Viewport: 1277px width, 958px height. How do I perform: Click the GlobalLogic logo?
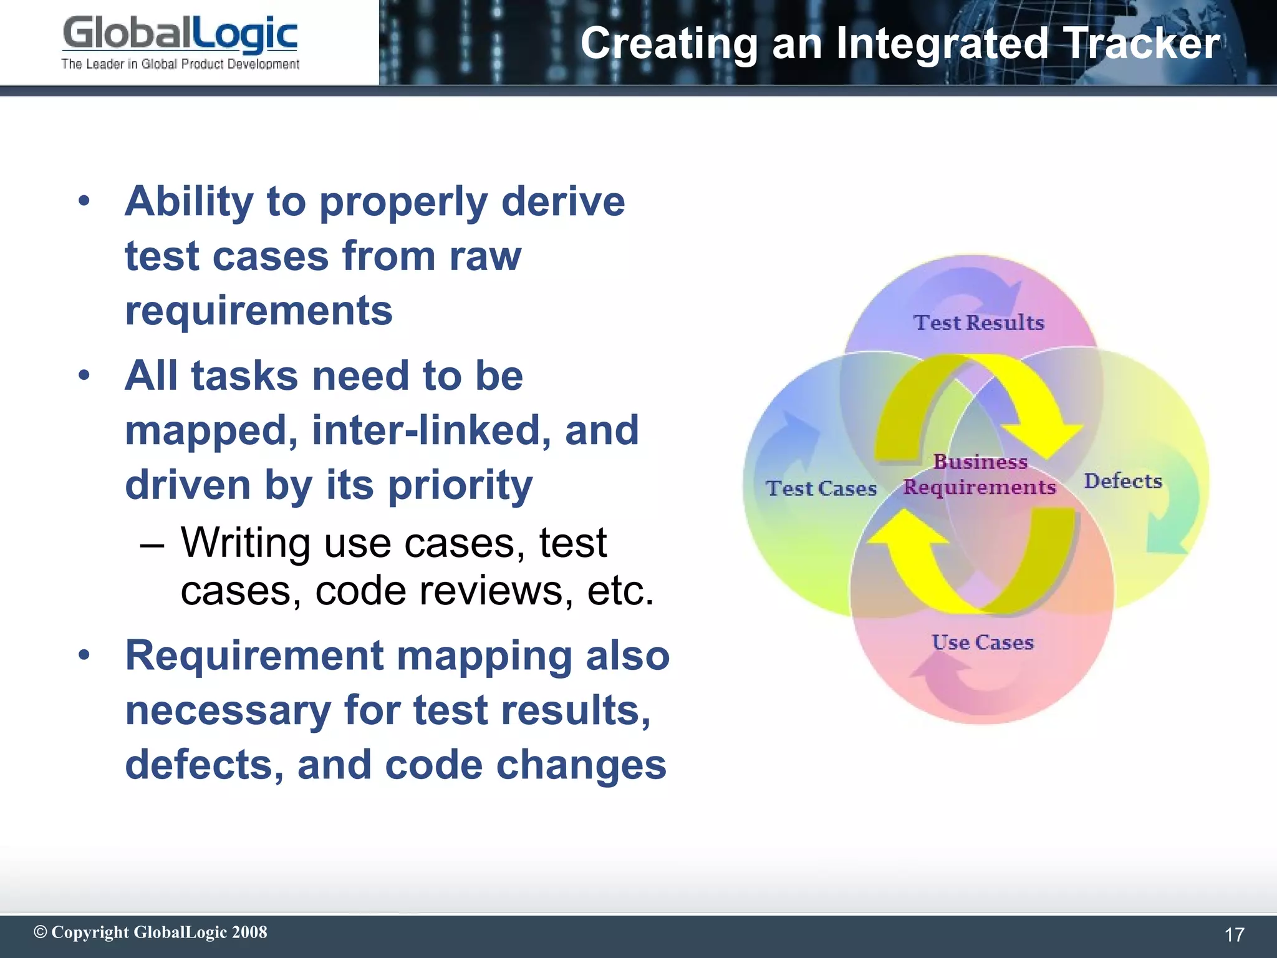click(x=180, y=35)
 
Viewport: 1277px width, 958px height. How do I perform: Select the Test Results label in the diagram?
click(x=978, y=322)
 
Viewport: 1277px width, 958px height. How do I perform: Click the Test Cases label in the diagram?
click(x=821, y=488)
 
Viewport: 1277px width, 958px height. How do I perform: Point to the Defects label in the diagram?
click(x=1123, y=481)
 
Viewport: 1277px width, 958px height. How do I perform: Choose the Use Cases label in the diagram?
click(x=983, y=642)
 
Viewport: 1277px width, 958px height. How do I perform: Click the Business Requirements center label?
click(x=980, y=475)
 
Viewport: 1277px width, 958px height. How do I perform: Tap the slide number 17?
click(x=1234, y=934)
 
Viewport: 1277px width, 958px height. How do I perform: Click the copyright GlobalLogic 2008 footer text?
click(x=150, y=932)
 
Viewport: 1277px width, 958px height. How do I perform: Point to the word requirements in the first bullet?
click(x=259, y=311)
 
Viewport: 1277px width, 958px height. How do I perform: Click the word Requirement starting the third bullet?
click(x=254, y=656)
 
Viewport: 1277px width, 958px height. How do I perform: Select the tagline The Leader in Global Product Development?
click(x=180, y=64)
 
